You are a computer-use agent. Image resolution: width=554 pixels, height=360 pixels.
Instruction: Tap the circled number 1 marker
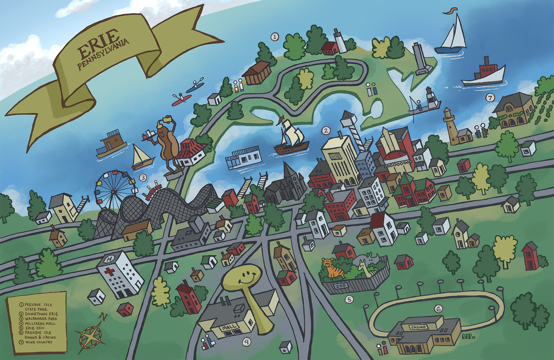pyautogui.click(x=275, y=37)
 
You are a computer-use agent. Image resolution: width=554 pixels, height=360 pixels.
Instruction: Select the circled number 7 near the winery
pyautogui.click(x=490, y=98)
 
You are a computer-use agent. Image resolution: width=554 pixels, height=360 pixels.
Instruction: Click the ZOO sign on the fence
pyautogui.click(x=340, y=286)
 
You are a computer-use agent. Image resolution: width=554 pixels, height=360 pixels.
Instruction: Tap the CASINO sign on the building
pyautogui.click(x=418, y=327)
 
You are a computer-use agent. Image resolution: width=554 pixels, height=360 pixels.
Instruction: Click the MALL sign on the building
pyautogui.click(x=229, y=328)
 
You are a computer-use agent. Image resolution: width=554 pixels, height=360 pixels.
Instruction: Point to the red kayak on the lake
pyautogui.click(x=181, y=100)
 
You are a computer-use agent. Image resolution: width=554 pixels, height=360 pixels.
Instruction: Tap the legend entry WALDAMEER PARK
pyautogui.click(x=41, y=319)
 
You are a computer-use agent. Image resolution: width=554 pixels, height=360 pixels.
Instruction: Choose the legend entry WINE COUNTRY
pyautogui.click(x=39, y=342)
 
